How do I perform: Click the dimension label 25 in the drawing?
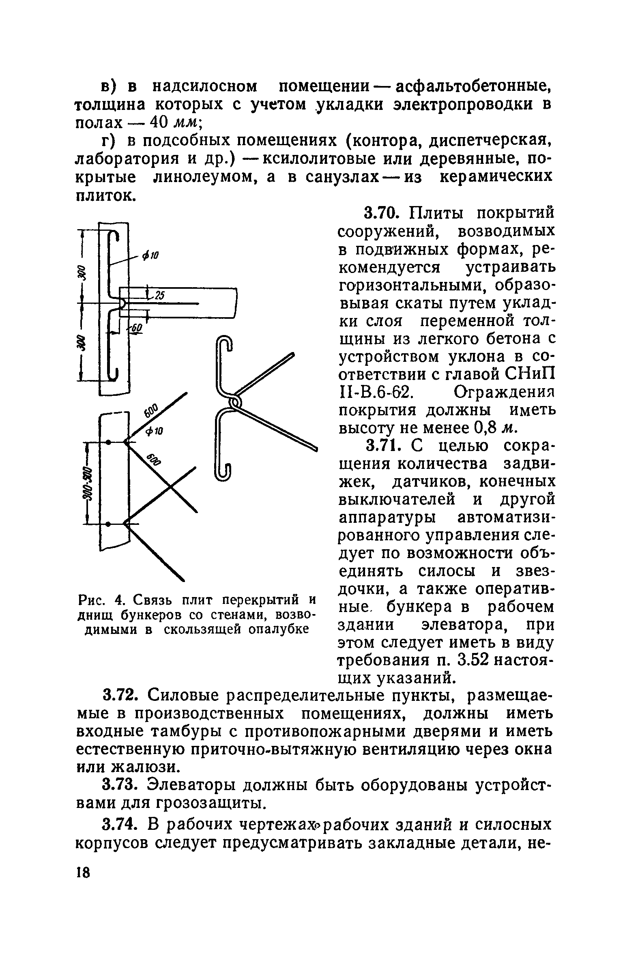pos(159,296)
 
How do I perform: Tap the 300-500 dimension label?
pos(88,483)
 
